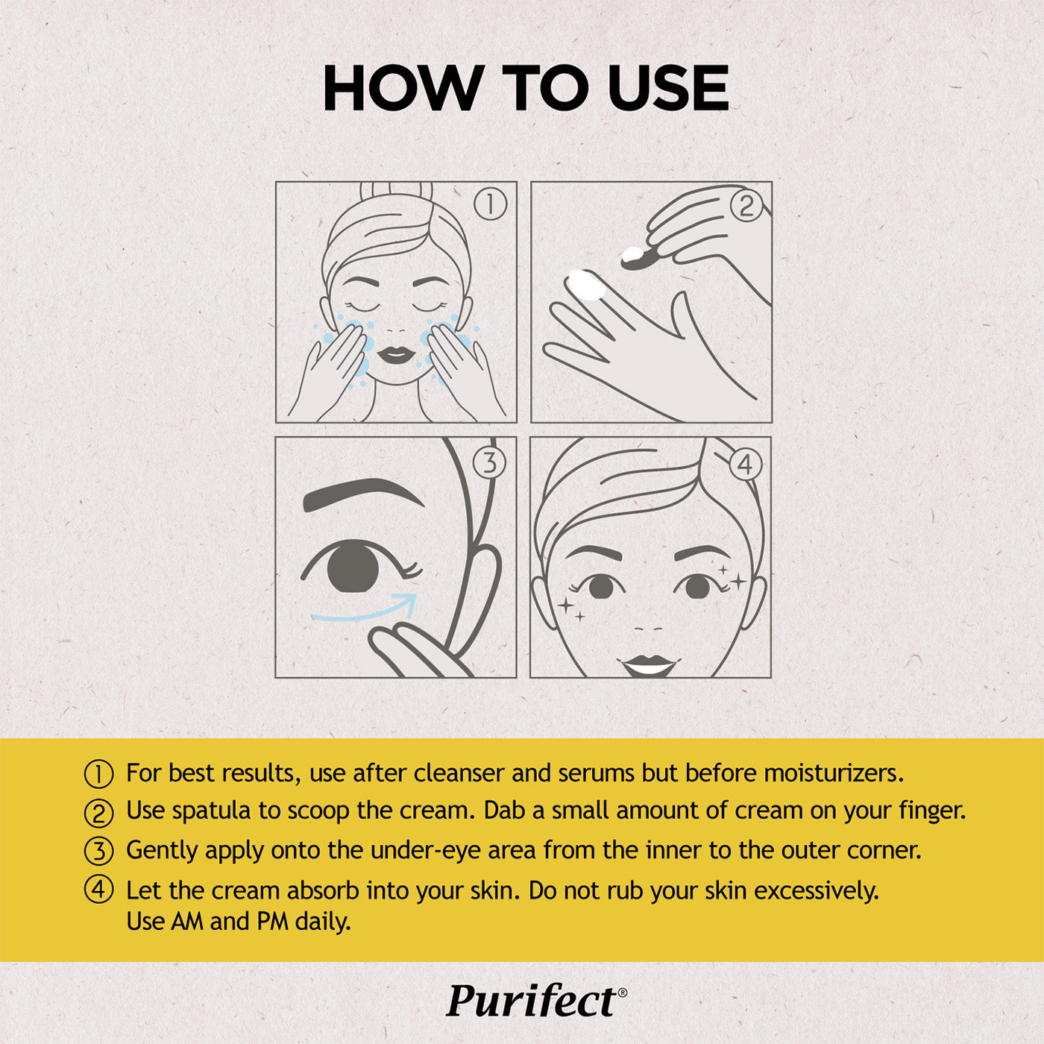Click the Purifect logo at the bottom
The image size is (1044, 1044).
coord(536,1001)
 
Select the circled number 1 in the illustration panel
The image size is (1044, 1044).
coord(490,205)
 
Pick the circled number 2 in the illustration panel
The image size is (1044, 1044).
coord(746,206)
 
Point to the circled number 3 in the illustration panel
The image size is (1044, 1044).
coord(489,463)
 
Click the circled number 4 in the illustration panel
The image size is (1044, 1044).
coord(746,465)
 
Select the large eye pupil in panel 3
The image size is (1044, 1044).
coord(353,569)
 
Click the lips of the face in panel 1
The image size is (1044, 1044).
coord(395,355)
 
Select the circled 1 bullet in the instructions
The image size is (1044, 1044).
coord(98,774)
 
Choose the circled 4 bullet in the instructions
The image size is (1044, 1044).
coord(98,890)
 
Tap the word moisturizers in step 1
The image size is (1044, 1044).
coord(834,773)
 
